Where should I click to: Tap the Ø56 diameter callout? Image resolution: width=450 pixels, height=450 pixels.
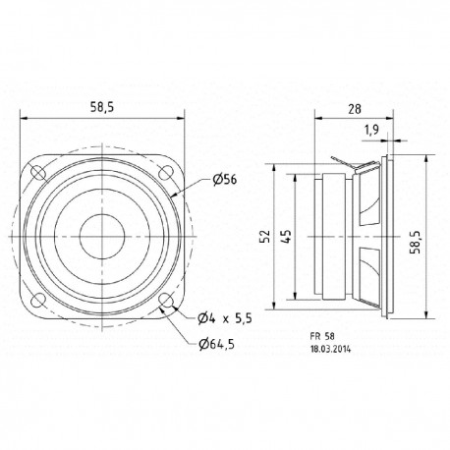[x=225, y=180]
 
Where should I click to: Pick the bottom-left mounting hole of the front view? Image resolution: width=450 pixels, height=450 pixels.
[x=39, y=300]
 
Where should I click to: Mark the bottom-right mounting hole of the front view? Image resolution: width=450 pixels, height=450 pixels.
[x=166, y=300]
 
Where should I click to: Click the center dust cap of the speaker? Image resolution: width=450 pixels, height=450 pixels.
[x=102, y=237]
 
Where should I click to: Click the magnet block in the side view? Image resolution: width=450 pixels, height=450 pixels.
[x=329, y=236]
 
